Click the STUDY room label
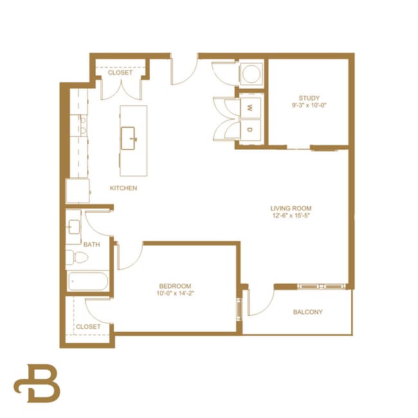(x=309, y=98)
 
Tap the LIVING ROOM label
(x=291, y=208)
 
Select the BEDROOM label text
(x=176, y=286)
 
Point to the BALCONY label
(x=308, y=313)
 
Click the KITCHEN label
(x=123, y=188)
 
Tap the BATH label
(x=91, y=244)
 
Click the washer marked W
(x=249, y=108)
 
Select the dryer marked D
(x=249, y=129)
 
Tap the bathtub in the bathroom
(x=87, y=282)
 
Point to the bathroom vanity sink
(x=73, y=226)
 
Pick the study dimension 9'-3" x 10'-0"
(x=309, y=106)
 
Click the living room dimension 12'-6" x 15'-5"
(x=291, y=216)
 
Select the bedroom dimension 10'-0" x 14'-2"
(x=176, y=294)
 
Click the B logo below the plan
(x=37, y=383)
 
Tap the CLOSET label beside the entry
(x=120, y=73)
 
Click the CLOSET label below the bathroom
(x=88, y=327)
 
